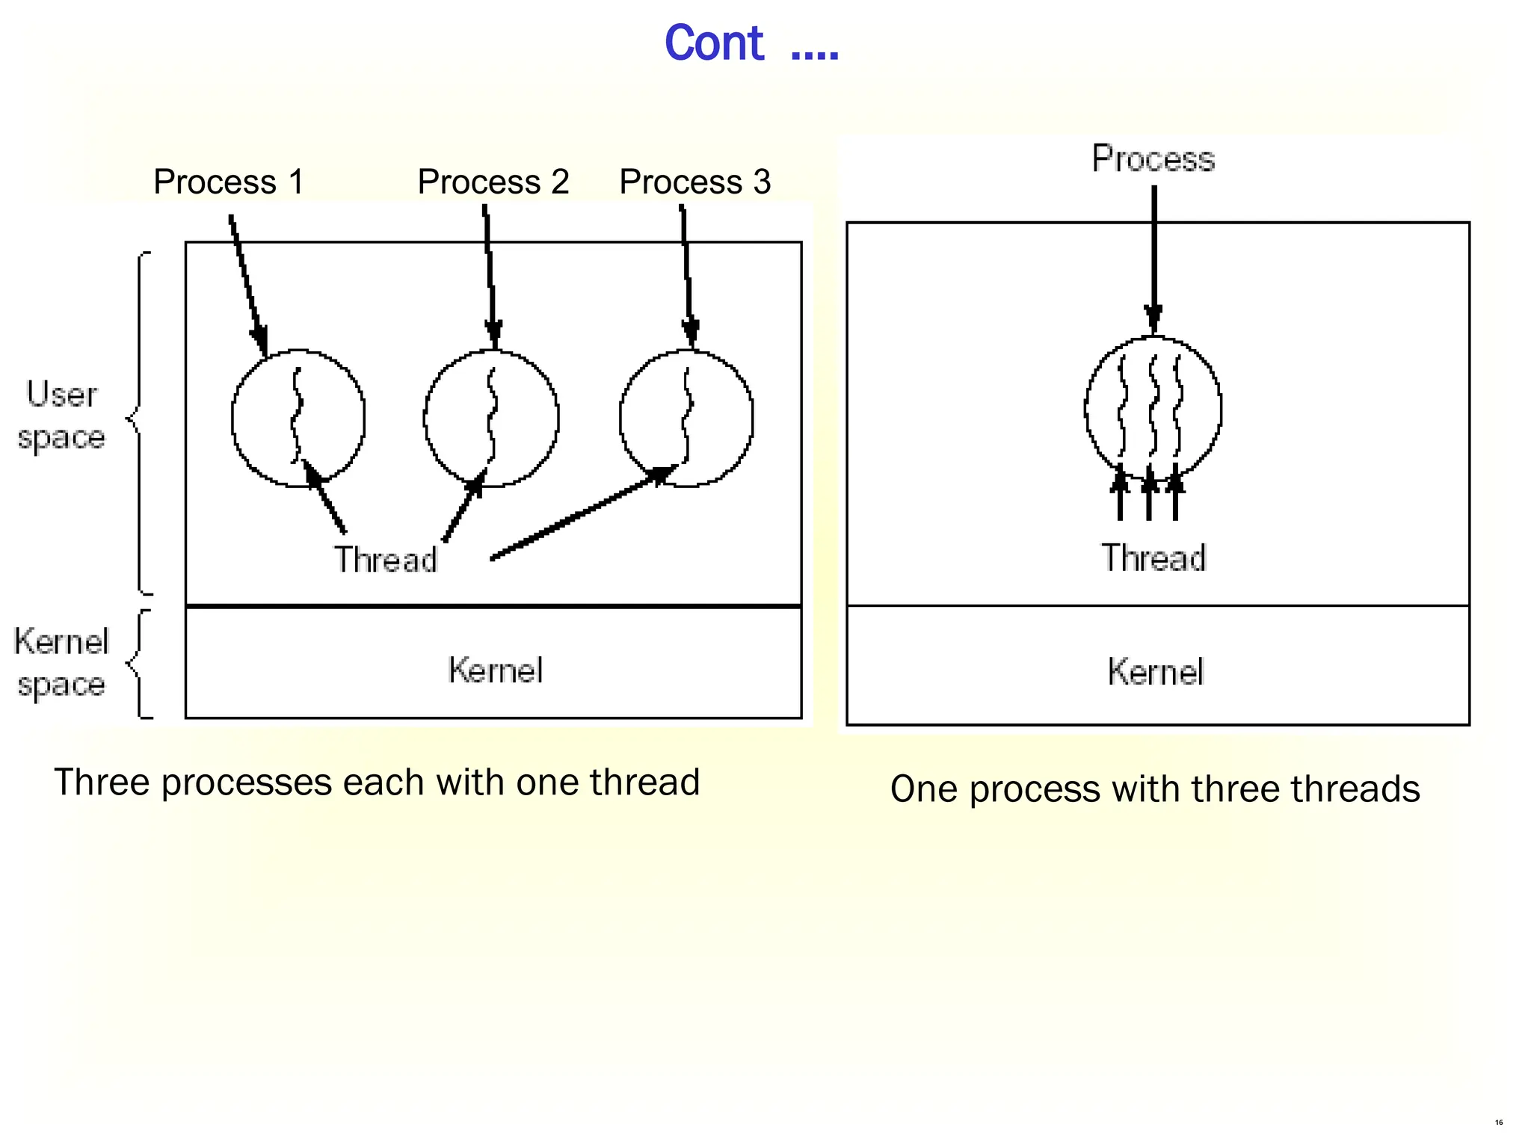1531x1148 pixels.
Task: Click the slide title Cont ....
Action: click(751, 43)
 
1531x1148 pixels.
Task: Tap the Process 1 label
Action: click(229, 182)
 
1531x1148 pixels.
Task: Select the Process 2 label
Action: click(493, 182)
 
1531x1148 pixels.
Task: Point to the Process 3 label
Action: click(695, 182)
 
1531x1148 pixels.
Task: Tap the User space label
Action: click(61, 415)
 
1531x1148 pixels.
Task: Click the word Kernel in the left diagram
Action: click(495, 670)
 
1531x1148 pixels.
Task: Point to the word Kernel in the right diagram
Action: click(1156, 672)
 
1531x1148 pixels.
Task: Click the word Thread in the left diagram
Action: click(385, 560)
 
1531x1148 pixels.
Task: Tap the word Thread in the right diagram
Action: click(1153, 558)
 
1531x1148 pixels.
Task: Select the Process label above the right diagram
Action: click(1153, 159)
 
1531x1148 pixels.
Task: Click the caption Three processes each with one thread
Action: click(377, 783)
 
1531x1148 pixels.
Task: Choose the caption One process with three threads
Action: click(1155, 789)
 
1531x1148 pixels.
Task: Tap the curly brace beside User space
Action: click(139, 422)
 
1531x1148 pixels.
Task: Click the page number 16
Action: click(1499, 1123)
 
